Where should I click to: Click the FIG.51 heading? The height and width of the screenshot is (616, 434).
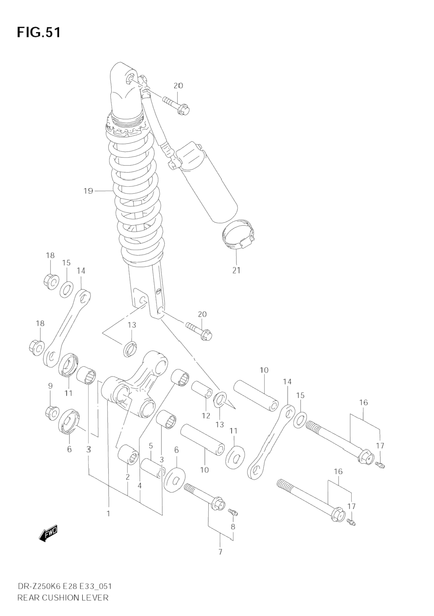point(39,32)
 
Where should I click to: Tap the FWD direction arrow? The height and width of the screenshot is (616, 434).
point(48,533)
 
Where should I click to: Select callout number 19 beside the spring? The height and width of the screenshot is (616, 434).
point(88,191)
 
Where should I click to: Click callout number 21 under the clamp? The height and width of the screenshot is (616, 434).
point(236,270)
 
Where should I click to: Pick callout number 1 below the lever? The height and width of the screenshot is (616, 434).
point(108,513)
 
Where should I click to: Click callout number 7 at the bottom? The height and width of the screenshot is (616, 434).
point(220,552)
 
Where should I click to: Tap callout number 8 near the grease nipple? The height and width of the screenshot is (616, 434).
point(233,526)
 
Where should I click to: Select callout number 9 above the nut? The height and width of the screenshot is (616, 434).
point(50,386)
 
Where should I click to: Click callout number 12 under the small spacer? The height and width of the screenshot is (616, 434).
point(206,415)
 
